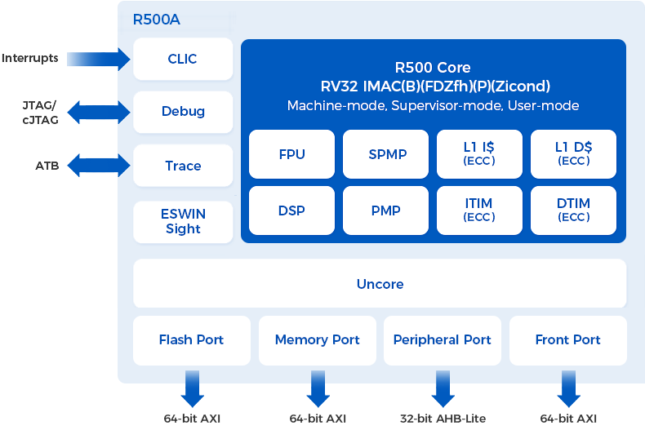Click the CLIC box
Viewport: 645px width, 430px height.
(183, 59)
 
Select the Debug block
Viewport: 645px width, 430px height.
(183, 112)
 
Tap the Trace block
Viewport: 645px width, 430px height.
(183, 166)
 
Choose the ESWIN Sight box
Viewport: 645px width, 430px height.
(183, 221)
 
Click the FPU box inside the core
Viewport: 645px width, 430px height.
(291, 154)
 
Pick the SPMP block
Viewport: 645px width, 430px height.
(386, 154)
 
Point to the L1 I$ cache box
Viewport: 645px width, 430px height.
(478, 154)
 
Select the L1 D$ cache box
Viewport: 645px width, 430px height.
(573, 154)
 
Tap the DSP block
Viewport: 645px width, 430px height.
(291, 211)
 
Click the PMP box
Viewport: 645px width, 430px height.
(386, 211)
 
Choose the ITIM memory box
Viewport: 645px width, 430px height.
(478, 211)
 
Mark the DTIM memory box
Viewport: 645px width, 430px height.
(573, 211)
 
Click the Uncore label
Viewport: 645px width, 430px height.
(380, 284)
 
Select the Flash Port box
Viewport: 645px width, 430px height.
(191, 340)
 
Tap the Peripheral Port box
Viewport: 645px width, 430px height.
(443, 340)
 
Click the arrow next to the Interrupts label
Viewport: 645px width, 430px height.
(99, 59)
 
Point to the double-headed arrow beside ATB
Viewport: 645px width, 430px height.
(98, 166)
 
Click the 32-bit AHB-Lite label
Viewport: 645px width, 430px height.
(443, 419)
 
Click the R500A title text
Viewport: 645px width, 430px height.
(156, 19)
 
